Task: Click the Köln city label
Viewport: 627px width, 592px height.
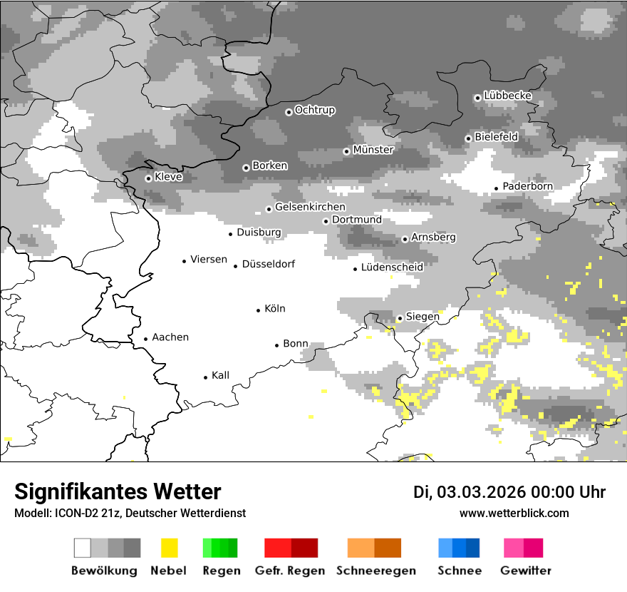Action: (274, 309)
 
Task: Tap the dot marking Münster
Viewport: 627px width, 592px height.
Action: (346, 151)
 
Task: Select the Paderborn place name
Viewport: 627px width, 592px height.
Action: (527, 186)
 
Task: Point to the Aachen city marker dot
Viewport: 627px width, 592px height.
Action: (146, 340)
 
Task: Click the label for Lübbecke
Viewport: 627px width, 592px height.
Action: (507, 96)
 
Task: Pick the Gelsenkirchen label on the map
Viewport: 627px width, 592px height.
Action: (310, 207)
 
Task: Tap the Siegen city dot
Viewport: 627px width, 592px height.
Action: (400, 318)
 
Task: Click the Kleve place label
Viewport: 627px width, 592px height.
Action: (168, 177)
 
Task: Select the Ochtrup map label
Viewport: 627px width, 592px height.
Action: (314, 110)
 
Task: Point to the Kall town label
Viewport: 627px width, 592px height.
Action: (220, 375)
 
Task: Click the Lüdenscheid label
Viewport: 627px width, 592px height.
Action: (392, 267)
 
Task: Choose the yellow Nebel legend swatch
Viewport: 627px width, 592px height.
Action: (170, 548)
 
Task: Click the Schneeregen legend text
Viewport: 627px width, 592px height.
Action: (375, 571)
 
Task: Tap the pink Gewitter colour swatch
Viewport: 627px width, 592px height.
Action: (514, 548)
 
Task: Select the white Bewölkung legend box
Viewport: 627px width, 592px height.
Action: (83, 548)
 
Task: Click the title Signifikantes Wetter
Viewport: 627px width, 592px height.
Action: (118, 491)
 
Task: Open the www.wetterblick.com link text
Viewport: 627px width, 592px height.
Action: (514, 513)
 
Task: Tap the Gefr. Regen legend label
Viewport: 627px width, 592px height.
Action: (290, 571)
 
